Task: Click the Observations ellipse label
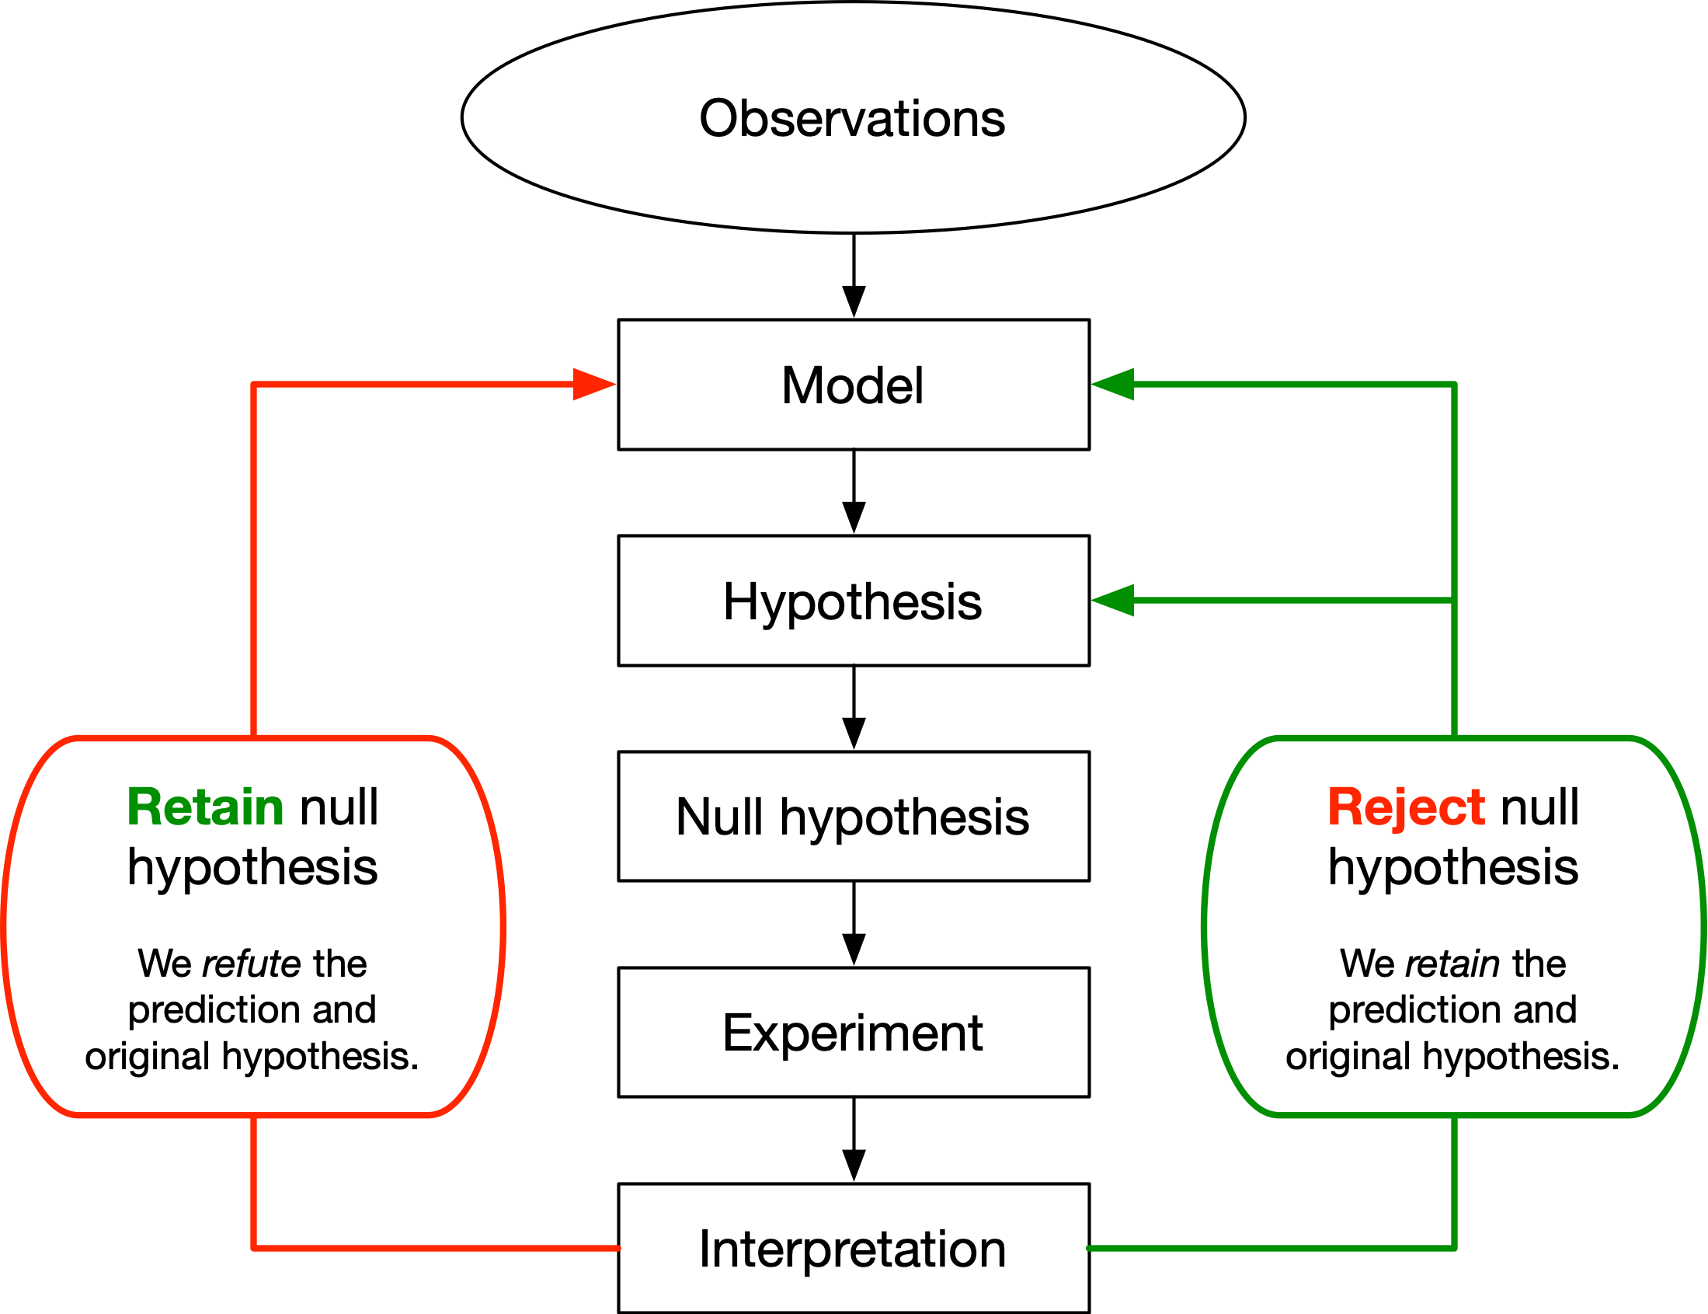click(x=852, y=119)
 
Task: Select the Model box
click(x=853, y=385)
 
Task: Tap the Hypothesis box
click(x=853, y=601)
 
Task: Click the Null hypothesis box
click(x=853, y=817)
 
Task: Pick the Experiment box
click(x=853, y=1033)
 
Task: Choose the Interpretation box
click(x=853, y=1248)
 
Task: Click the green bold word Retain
click(x=205, y=807)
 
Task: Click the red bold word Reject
click(x=1405, y=807)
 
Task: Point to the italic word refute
click(x=251, y=963)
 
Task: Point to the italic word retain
click(x=1452, y=963)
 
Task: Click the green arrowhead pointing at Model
click(x=1113, y=384)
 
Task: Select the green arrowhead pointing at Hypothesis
click(x=1113, y=600)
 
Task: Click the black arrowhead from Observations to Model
click(x=854, y=301)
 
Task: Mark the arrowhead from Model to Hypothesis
click(x=854, y=516)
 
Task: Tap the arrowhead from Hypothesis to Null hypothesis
click(x=854, y=732)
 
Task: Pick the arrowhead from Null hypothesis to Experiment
click(x=854, y=948)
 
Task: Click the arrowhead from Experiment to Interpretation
click(x=854, y=1164)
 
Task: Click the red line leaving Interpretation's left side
click(x=438, y=1248)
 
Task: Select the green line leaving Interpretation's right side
click(x=1266, y=1248)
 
